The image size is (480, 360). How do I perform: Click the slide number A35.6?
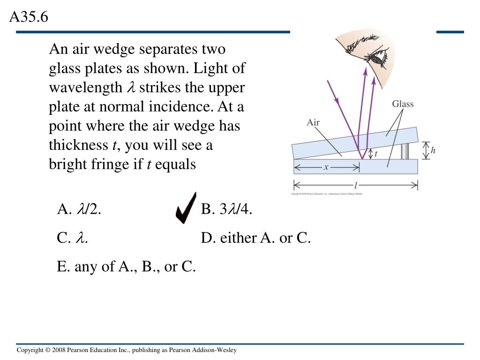click(x=29, y=17)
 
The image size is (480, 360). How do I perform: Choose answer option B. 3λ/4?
click(x=226, y=210)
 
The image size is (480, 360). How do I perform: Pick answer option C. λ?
click(x=73, y=238)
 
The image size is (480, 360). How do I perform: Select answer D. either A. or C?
click(x=256, y=238)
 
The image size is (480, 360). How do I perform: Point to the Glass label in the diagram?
click(x=403, y=104)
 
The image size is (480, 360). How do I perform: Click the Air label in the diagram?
click(x=313, y=123)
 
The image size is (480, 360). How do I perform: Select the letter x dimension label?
click(x=326, y=166)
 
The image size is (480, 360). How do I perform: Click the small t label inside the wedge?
click(x=376, y=153)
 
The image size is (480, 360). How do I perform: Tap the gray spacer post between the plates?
click(x=405, y=151)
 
